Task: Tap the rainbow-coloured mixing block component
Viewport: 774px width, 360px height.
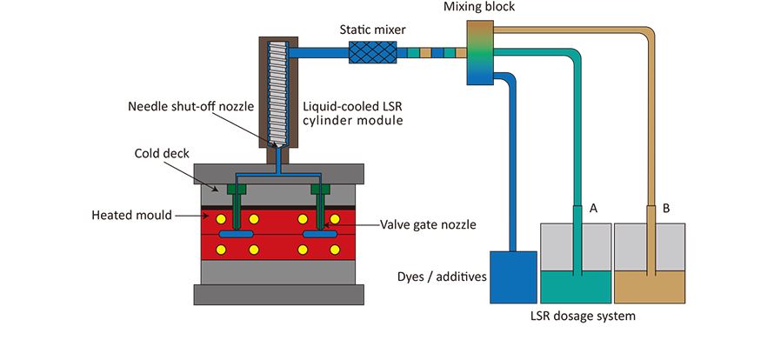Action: (x=478, y=53)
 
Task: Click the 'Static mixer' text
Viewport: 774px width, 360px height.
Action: (x=371, y=29)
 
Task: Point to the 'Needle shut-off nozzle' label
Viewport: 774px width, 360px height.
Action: (x=190, y=107)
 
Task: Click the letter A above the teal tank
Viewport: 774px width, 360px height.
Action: (x=593, y=209)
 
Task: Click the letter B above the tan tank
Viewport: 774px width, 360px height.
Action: (x=665, y=209)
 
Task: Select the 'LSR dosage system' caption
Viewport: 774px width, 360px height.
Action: (x=583, y=316)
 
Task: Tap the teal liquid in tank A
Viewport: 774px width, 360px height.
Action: (x=575, y=283)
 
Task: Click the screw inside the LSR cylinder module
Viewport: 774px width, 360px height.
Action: (x=278, y=87)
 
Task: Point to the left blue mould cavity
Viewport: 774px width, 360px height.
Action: (x=236, y=235)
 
